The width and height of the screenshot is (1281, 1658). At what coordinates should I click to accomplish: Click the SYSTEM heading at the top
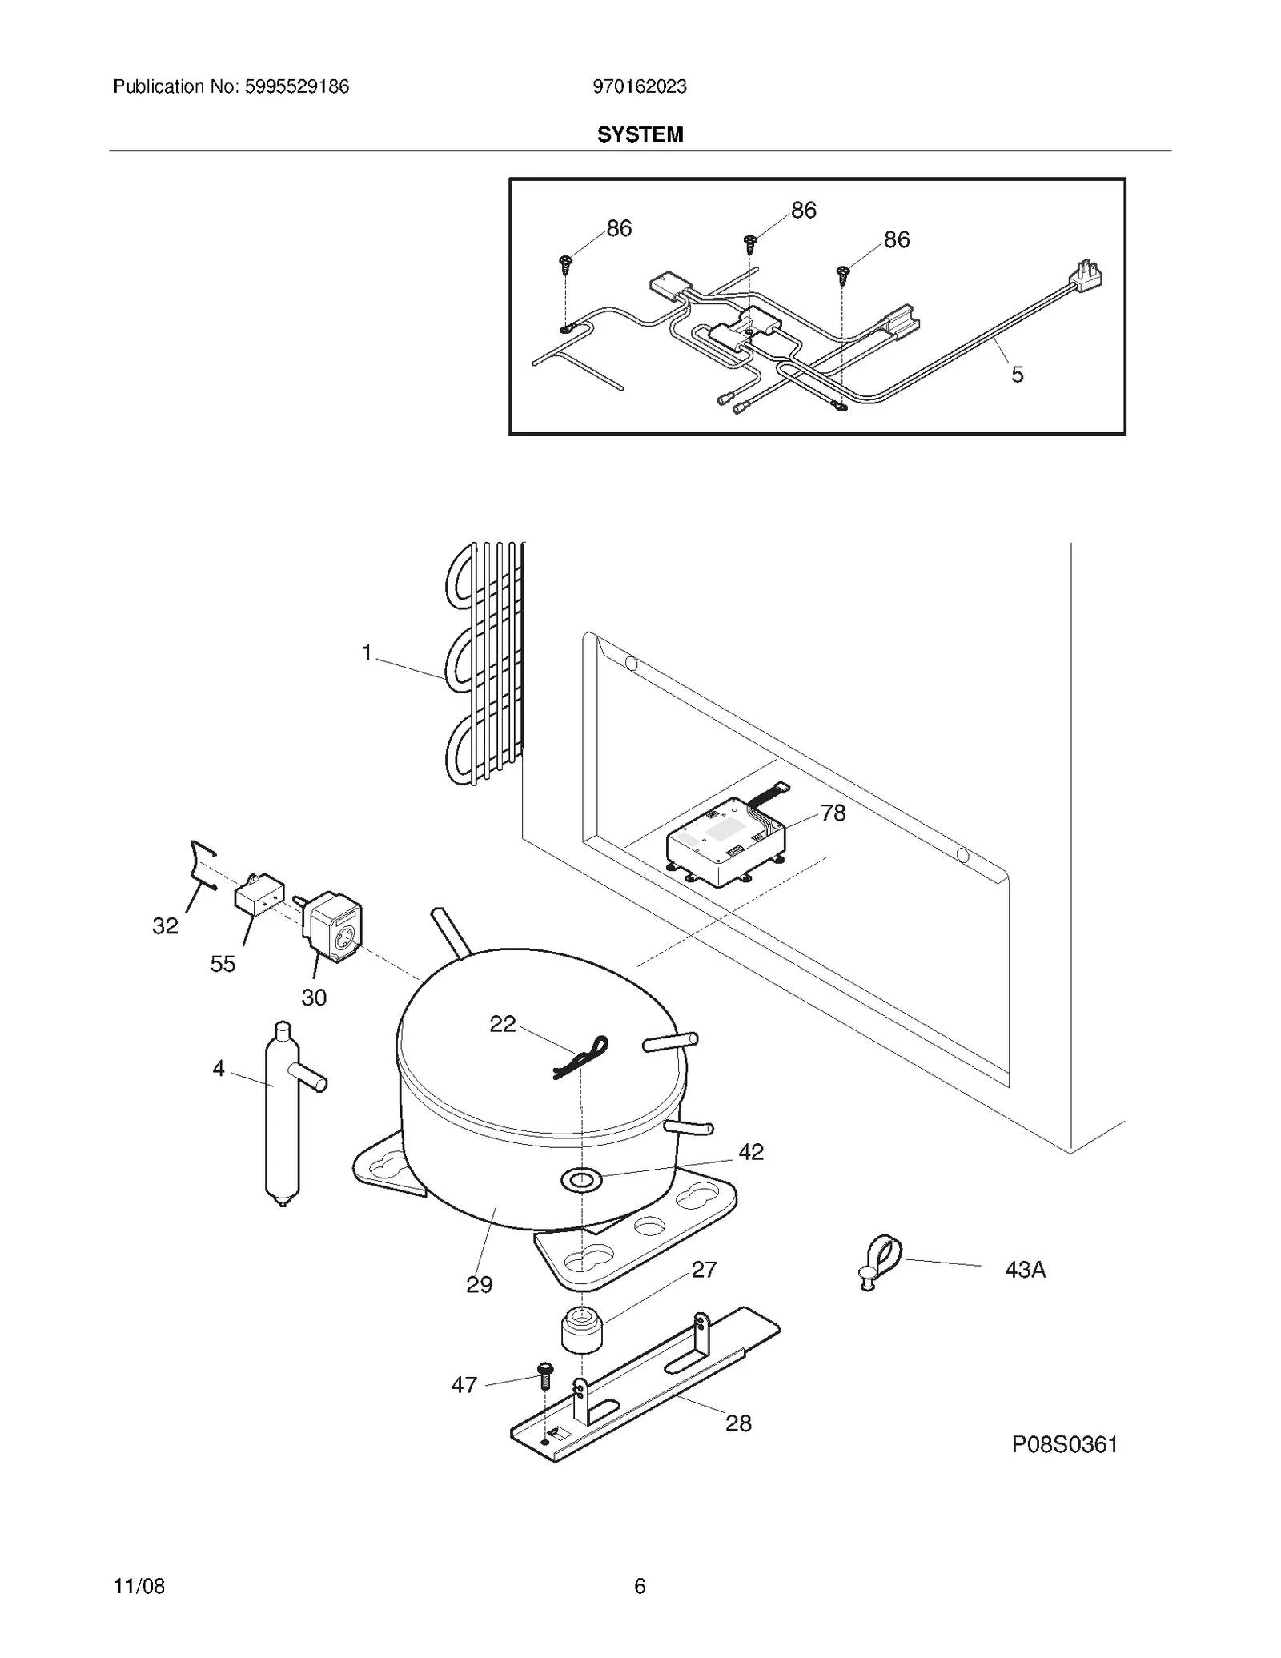[x=640, y=134]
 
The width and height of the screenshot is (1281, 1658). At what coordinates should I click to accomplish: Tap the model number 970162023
[x=639, y=86]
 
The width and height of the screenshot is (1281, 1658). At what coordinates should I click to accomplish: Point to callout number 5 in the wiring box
[x=1017, y=375]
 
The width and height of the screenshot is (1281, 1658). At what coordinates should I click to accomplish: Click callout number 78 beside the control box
[x=833, y=813]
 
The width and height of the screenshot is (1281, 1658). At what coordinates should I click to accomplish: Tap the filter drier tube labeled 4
[x=282, y=1114]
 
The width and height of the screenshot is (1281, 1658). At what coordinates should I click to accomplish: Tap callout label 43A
[x=1025, y=1270]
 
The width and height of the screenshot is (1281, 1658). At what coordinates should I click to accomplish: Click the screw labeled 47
[x=545, y=1376]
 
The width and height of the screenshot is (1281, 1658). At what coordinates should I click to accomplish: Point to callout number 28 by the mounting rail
[x=737, y=1423]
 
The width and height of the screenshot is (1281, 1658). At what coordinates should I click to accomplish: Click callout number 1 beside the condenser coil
[x=367, y=653]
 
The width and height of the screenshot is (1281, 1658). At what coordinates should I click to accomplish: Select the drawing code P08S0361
[x=1064, y=1444]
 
